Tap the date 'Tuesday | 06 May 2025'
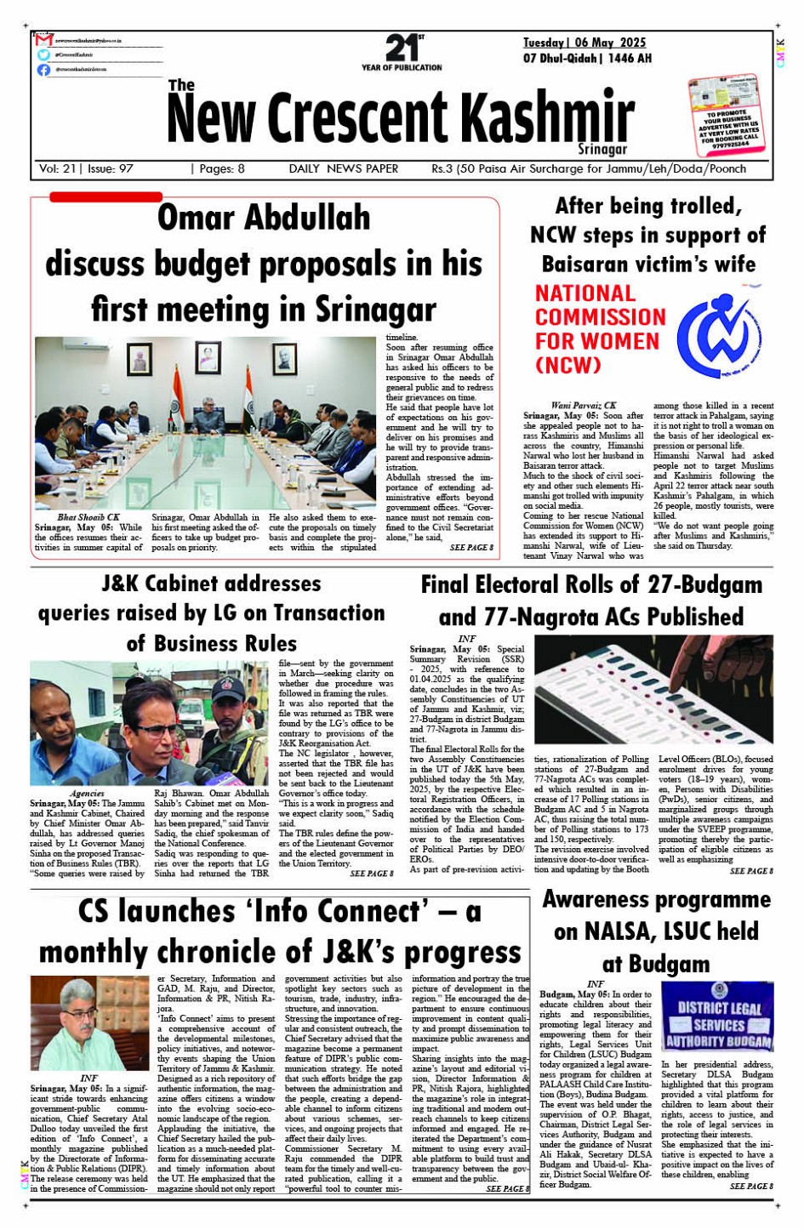click(x=584, y=43)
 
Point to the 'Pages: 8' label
click(x=220, y=169)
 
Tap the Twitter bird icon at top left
click(x=43, y=54)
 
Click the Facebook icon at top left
click(x=43, y=70)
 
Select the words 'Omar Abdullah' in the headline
click(x=264, y=218)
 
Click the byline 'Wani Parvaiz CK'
click(x=584, y=406)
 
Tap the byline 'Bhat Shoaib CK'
click(x=88, y=517)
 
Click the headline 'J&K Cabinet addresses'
click(x=211, y=584)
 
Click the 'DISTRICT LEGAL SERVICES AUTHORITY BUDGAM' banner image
click(x=717, y=1017)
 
